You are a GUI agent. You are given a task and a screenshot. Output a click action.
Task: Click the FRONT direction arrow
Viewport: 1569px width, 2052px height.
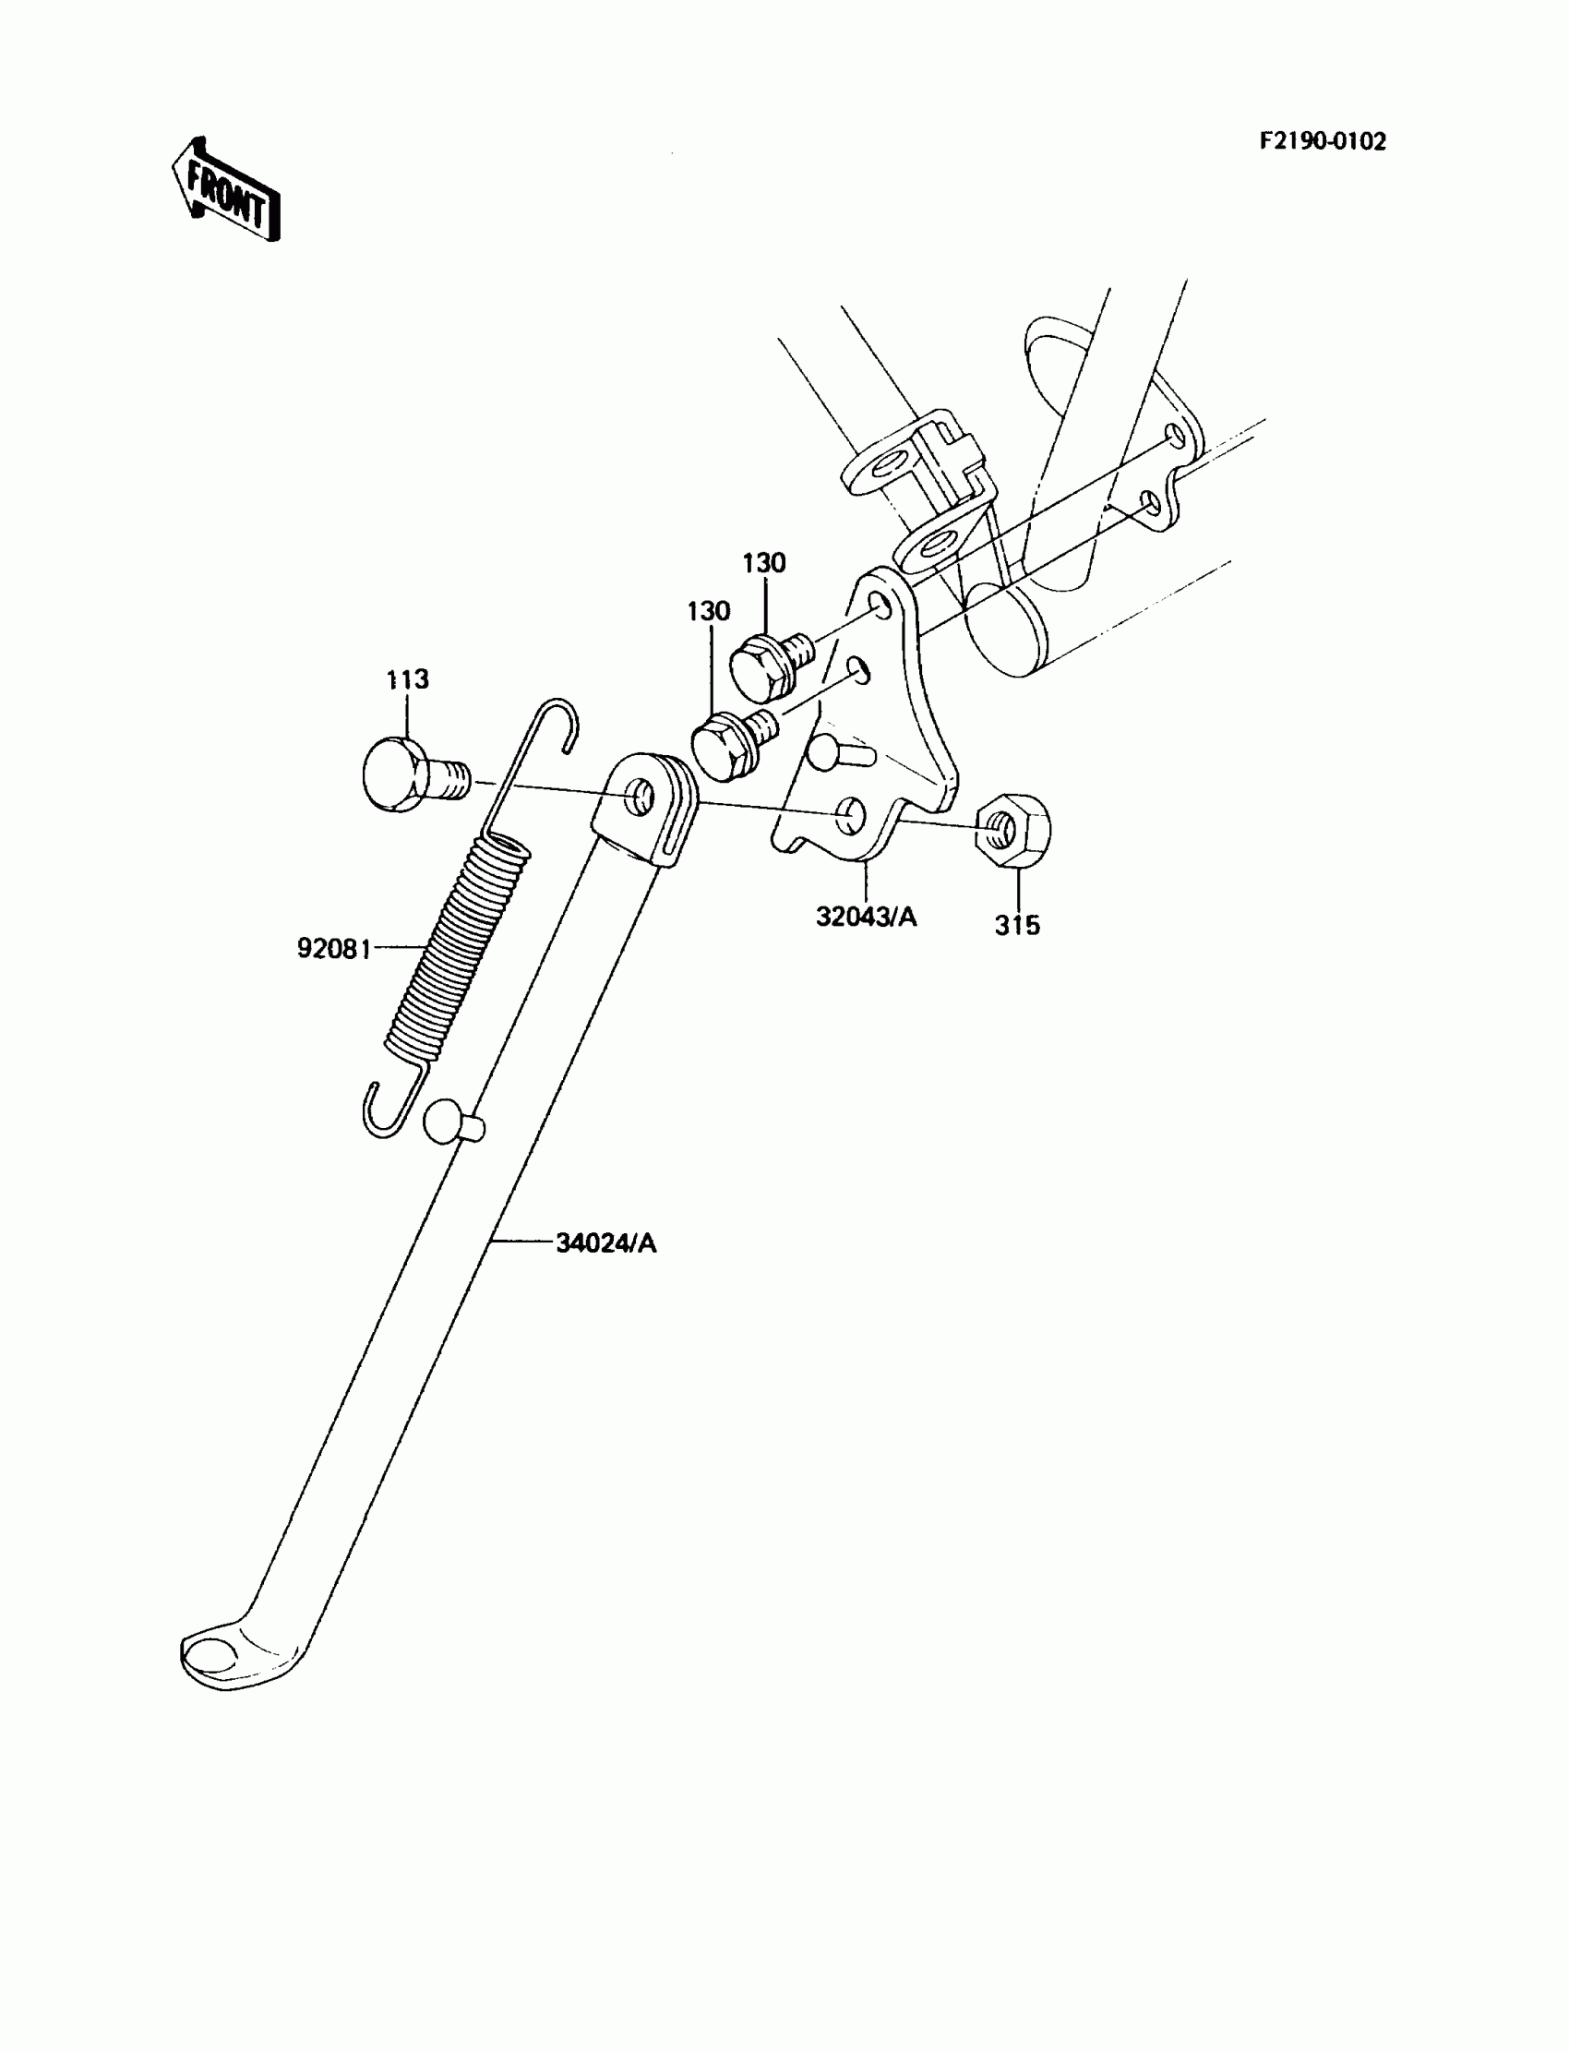tap(226, 190)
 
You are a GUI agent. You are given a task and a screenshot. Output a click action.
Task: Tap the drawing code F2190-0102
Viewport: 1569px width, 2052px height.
tap(1323, 141)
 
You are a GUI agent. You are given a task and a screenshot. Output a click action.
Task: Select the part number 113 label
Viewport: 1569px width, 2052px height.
tap(407, 679)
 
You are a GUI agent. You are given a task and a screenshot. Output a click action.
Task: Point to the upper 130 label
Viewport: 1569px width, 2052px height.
tap(764, 563)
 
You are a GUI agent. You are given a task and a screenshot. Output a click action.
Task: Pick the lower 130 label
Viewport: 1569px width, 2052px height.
tap(708, 612)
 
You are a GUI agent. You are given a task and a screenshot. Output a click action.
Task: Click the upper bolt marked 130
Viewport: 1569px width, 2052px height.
tap(766, 664)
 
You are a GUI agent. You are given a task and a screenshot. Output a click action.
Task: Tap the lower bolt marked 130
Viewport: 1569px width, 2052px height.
tap(726, 744)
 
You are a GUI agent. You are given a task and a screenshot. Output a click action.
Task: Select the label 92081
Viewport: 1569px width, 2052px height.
tap(333, 949)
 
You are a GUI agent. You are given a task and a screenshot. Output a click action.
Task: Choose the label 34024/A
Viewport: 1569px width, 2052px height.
tap(606, 1243)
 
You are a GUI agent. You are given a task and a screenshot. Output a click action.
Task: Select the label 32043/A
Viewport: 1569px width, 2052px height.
tap(866, 918)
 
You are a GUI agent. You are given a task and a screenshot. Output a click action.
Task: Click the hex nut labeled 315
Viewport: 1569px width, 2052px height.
tap(1012, 826)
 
